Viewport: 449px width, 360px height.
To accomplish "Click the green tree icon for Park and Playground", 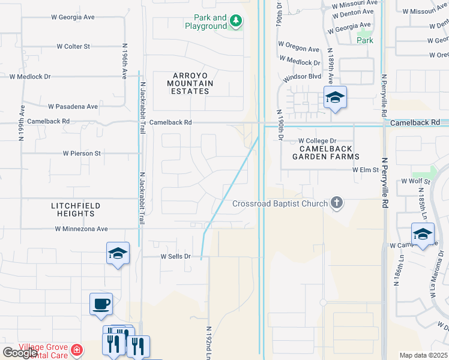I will click(237, 22).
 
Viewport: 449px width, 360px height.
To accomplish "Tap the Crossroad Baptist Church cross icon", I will click(337, 203).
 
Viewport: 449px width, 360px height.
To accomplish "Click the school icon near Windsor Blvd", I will click(335, 98).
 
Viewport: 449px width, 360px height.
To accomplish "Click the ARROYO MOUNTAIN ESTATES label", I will click(189, 83).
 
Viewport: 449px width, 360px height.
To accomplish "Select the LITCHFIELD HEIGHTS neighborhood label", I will click(76, 209).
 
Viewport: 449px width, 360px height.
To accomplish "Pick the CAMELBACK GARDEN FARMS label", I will click(325, 152).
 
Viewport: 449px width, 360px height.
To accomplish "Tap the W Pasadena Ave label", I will click(73, 107).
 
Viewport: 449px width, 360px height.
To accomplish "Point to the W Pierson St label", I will click(82, 154).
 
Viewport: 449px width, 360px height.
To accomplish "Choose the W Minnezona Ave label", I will click(81, 229).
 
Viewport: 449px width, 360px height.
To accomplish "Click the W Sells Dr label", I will click(175, 256).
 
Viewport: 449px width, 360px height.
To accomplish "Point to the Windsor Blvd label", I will click(303, 77).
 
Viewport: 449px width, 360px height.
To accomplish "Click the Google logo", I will click(20, 353).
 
